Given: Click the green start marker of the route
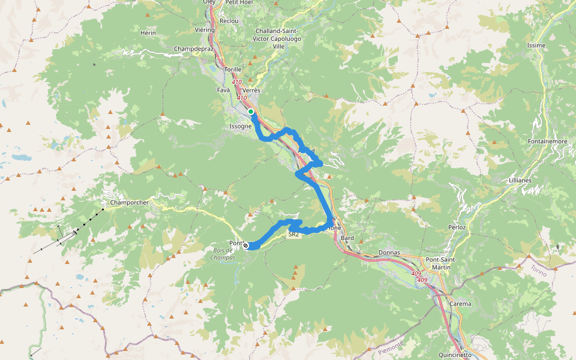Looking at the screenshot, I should tap(251, 112).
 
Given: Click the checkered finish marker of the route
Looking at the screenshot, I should tap(245, 245).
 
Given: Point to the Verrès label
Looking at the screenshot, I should tap(251, 90).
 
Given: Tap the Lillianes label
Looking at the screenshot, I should tap(520, 180).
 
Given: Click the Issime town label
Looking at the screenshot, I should tap(536, 46).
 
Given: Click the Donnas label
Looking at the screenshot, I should tap(389, 253).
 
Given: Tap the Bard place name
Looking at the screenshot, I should tap(347, 238).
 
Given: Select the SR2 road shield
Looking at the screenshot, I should tap(293, 235).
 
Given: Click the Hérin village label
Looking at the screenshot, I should tap(148, 32).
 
